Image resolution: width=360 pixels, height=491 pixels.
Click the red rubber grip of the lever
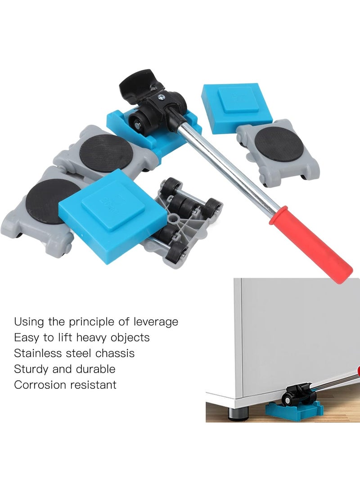pos(310,245)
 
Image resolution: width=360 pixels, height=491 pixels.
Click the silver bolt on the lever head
pos(161,96)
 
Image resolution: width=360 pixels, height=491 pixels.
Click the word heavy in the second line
pos(85,338)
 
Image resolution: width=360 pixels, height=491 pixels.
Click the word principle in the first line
pos(90,322)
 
